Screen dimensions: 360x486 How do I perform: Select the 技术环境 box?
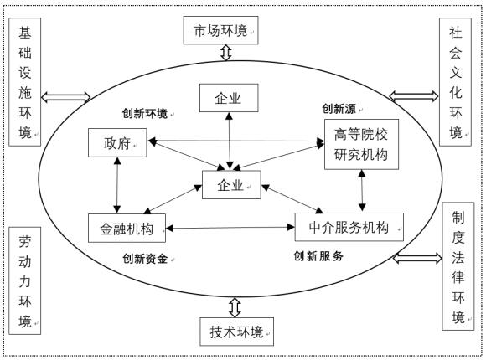(x=234, y=332)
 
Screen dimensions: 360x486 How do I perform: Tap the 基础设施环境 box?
(x=27, y=83)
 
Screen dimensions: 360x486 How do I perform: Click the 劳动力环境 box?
(x=28, y=280)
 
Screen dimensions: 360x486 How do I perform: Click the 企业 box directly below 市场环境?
(x=228, y=99)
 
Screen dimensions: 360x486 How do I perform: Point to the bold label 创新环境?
(x=145, y=113)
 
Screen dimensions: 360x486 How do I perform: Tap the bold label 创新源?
(x=338, y=108)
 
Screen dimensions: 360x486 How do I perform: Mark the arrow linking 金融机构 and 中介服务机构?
(x=230, y=226)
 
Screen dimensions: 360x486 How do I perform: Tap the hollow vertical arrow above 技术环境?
(x=234, y=304)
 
